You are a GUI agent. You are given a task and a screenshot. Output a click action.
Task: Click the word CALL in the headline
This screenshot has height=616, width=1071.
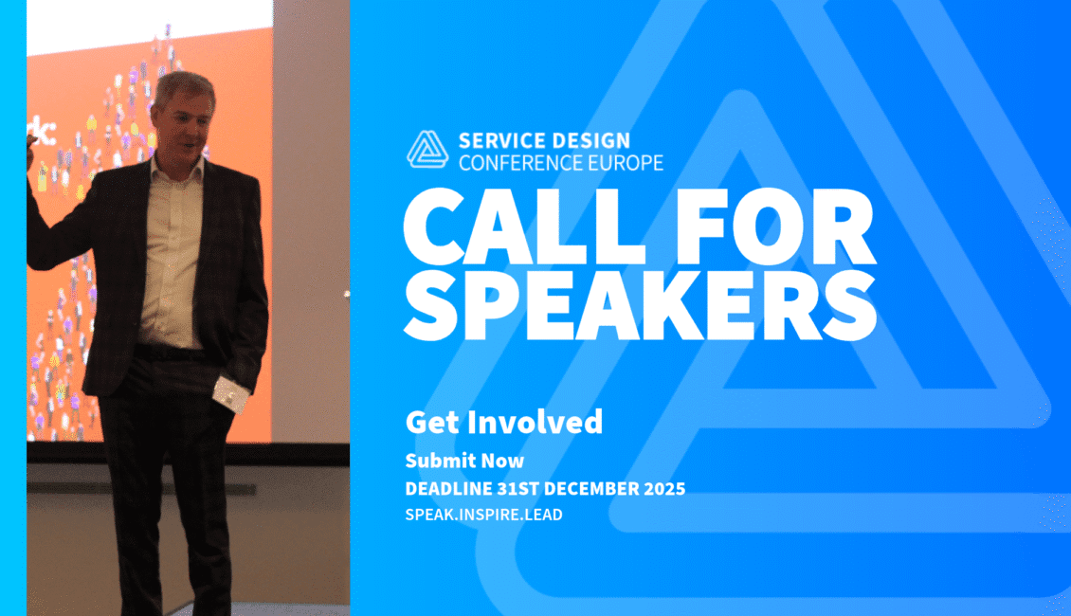tap(524, 226)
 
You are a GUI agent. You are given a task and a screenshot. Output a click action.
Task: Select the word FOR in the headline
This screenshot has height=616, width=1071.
tap(775, 226)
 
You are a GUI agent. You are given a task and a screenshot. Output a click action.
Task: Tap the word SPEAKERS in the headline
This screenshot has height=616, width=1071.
tap(640, 304)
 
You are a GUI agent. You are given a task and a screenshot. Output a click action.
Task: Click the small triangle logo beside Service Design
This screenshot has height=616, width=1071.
tap(427, 150)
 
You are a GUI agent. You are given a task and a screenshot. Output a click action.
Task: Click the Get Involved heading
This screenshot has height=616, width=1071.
tap(504, 422)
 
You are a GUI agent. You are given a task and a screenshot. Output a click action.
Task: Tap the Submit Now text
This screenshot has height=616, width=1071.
tap(464, 461)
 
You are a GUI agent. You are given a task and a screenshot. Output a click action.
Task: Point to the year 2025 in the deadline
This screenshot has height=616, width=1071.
tap(666, 489)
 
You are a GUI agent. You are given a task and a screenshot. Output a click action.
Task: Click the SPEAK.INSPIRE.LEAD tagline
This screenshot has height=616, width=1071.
tap(483, 515)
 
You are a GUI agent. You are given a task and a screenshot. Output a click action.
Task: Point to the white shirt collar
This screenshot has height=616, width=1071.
tap(176, 168)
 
